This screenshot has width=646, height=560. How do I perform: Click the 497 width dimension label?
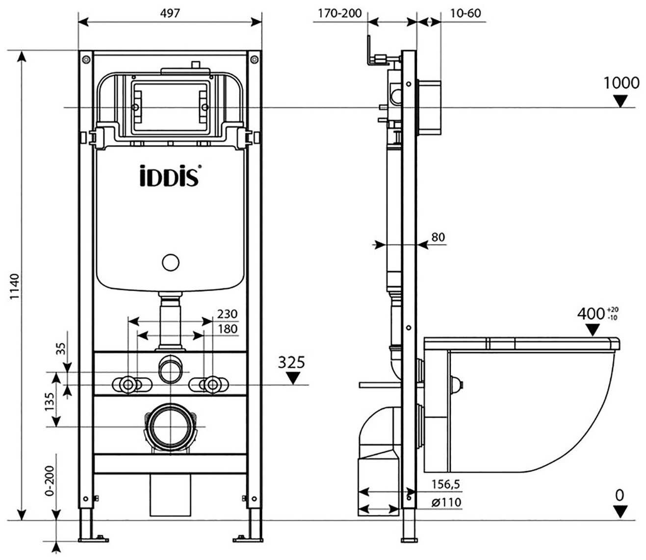coord(170,13)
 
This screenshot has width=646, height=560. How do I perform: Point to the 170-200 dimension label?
coord(339,13)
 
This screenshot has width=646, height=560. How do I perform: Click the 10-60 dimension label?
coord(465,13)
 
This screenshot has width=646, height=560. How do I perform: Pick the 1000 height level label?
coord(621,83)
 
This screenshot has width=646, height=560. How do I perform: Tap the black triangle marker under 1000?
coord(621,101)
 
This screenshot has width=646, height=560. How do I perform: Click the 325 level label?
coord(291,362)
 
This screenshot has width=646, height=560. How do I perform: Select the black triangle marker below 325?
coord(293,378)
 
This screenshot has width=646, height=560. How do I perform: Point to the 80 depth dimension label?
coord(438,237)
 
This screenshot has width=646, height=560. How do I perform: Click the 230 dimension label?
coord(227,314)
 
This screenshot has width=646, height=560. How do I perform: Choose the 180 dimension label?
coord(227,329)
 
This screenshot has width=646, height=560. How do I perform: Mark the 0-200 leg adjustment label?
coord(50,480)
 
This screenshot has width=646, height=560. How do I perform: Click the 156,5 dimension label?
coord(445,484)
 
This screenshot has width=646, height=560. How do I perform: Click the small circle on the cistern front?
coord(170,263)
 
